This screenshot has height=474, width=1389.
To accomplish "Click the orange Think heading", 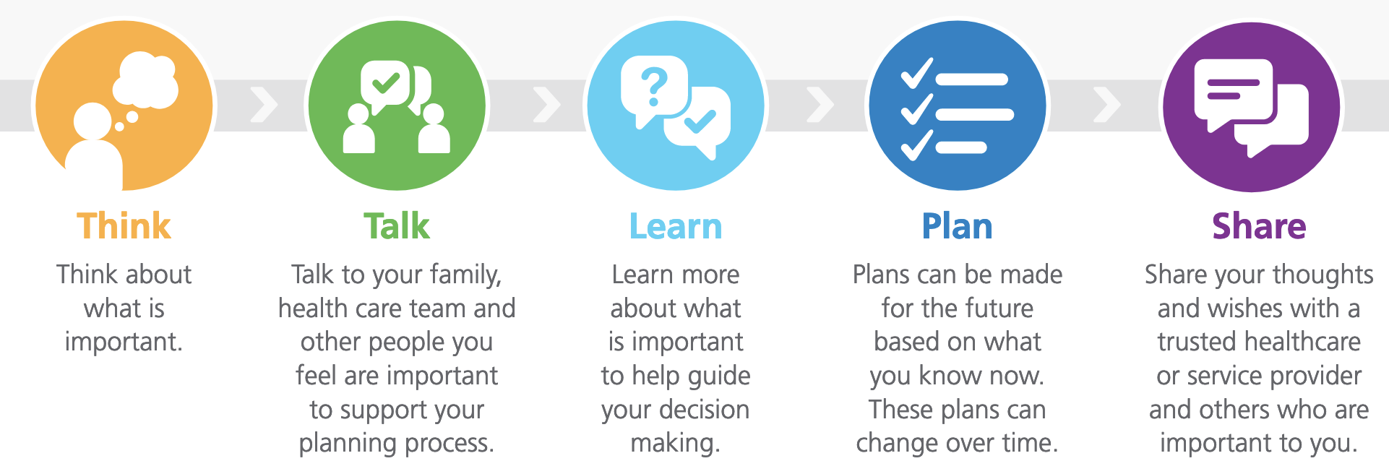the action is pyautogui.click(x=124, y=226).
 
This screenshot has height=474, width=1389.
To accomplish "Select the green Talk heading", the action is pyautogui.click(x=397, y=226).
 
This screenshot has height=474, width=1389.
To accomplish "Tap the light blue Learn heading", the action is pyautogui.click(x=676, y=226).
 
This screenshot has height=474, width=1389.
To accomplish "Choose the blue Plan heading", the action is pyautogui.click(x=957, y=226).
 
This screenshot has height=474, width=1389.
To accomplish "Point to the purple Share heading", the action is pyautogui.click(x=1259, y=226).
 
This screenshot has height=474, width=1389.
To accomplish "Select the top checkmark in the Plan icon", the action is pyautogui.click(x=917, y=73).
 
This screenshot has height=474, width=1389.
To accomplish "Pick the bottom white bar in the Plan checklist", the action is pyautogui.click(x=961, y=147).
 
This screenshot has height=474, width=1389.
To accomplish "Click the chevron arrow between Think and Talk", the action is pyautogui.click(x=264, y=105).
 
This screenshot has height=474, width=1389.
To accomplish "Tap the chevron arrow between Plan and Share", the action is pyautogui.click(x=1107, y=105).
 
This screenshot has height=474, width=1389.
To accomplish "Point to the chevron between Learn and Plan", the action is pyautogui.click(x=820, y=105).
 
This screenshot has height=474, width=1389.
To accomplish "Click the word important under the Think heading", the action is pyautogui.click(x=124, y=342).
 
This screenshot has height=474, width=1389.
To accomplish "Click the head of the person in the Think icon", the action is pyautogui.click(x=93, y=121).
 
